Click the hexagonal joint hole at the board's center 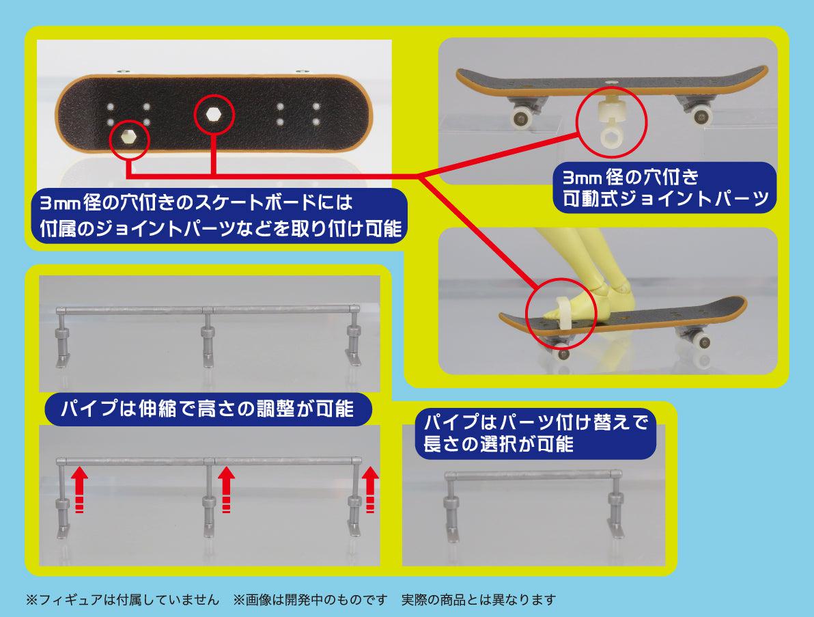212,114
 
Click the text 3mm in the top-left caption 60,203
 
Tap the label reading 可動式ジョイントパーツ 666,199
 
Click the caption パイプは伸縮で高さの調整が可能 207,409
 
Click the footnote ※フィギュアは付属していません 122,600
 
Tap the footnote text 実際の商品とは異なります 479,600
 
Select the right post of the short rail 616,504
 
